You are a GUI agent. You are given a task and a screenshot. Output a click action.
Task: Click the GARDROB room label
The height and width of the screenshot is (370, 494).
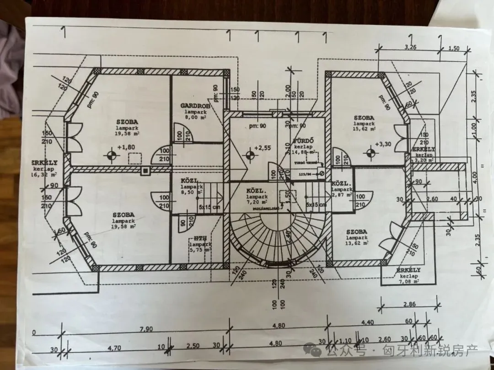point(195,106)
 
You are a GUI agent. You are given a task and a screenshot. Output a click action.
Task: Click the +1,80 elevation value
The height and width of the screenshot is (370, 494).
point(125,148)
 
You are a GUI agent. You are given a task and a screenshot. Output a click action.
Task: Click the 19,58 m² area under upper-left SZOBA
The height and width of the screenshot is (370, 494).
point(127,134)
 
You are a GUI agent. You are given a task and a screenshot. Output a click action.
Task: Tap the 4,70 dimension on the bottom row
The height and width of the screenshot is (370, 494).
point(115,348)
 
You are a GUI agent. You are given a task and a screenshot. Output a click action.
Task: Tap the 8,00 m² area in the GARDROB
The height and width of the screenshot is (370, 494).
point(195,117)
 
